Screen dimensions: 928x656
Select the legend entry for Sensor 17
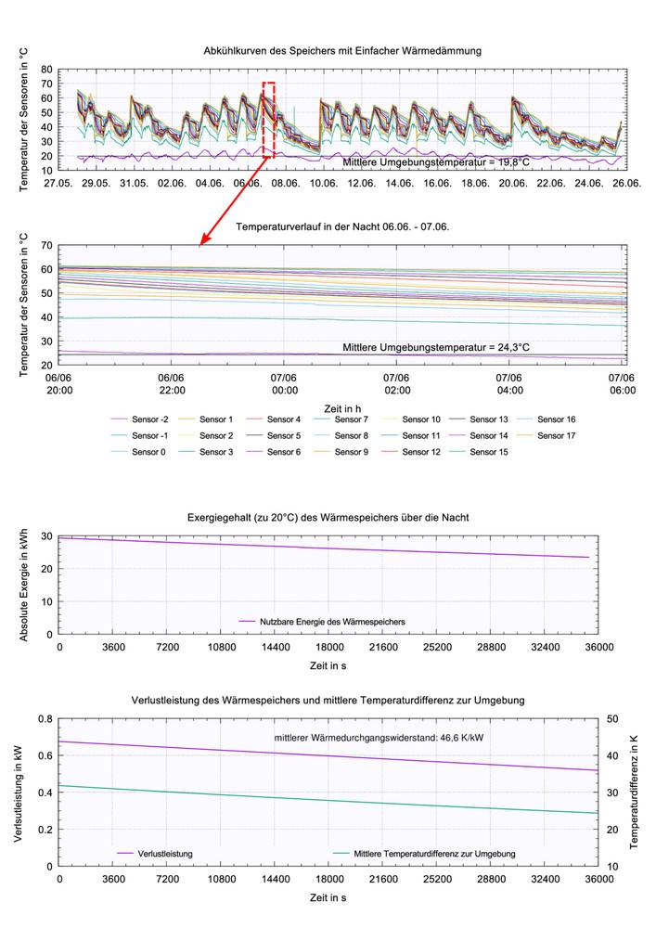pyautogui.click(x=557, y=435)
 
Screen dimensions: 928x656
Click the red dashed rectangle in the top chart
pyautogui.click(x=268, y=116)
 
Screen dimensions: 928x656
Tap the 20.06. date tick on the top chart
pyautogui.click(x=512, y=183)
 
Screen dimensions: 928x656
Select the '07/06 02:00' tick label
pyautogui.click(x=421, y=383)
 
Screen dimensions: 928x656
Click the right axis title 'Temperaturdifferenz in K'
pyautogui.click(x=635, y=791)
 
